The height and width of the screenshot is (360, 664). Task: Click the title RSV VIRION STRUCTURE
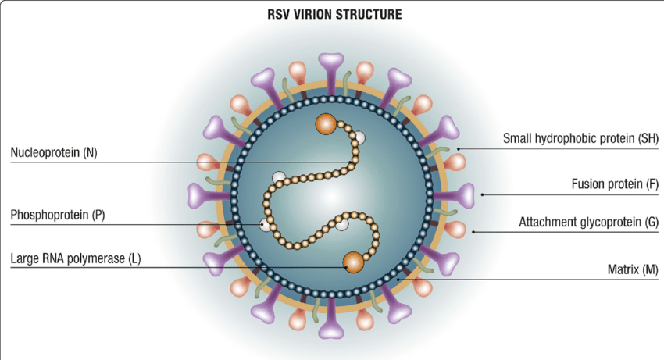pyautogui.click(x=332, y=14)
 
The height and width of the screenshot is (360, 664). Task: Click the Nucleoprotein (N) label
pyautogui.click(x=55, y=152)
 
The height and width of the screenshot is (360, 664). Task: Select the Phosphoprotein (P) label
pyautogui.click(x=57, y=214)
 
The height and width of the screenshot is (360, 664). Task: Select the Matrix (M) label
pyautogui.click(x=633, y=269)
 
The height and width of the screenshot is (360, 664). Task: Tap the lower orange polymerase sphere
pyautogui.click(x=353, y=262)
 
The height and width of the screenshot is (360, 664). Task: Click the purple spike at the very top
pyautogui.click(x=332, y=64)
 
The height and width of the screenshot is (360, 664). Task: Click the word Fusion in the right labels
pyautogui.click(x=587, y=185)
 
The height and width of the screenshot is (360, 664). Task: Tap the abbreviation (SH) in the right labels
pyautogui.click(x=648, y=139)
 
